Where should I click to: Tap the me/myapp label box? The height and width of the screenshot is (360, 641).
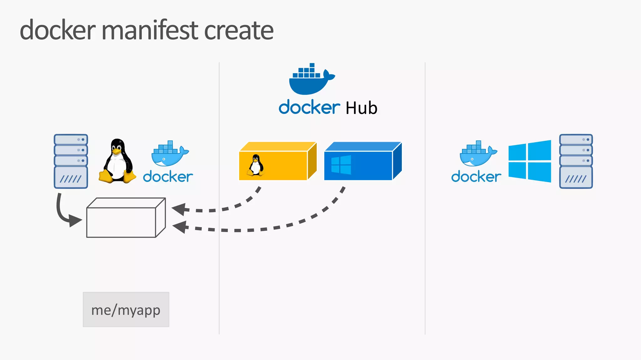tap(126, 310)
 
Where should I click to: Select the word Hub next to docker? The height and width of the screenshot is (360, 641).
tap(362, 108)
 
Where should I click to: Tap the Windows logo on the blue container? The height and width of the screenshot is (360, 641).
tap(341, 165)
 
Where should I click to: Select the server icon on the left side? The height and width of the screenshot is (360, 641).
tap(71, 161)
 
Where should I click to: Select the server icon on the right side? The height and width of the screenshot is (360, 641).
tap(576, 161)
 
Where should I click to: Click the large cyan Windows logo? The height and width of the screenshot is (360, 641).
tap(530, 161)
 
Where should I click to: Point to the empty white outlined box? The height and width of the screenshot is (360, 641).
tap(125, 219)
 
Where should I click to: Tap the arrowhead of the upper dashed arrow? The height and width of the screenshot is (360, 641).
tap(179, 209)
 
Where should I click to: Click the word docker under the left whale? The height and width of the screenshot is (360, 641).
tap(168, 177)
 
